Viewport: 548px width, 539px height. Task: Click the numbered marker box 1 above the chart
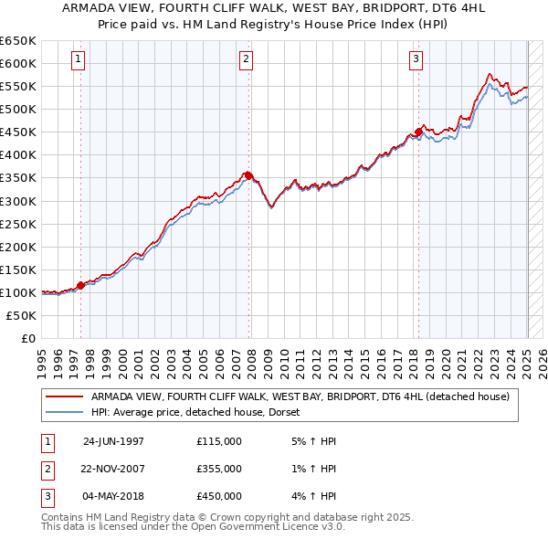[x=79, y=61]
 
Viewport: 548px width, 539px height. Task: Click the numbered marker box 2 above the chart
[x=247, y=61]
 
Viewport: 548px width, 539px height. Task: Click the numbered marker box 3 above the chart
[x=416, y=61]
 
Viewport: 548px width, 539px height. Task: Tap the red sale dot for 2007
[x=248, y=174]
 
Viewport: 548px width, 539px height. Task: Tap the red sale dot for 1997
[x=80, y=285]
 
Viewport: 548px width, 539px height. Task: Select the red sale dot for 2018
[x=418, y=131]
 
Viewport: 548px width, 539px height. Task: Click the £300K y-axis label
[x=18, y=201]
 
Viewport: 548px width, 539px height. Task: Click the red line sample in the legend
[x=65, y=397]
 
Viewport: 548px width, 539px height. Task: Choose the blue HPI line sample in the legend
[x=65, y=412]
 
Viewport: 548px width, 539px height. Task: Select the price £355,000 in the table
[x=219, y=469]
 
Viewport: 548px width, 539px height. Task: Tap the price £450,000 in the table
[x=219, y=496]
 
